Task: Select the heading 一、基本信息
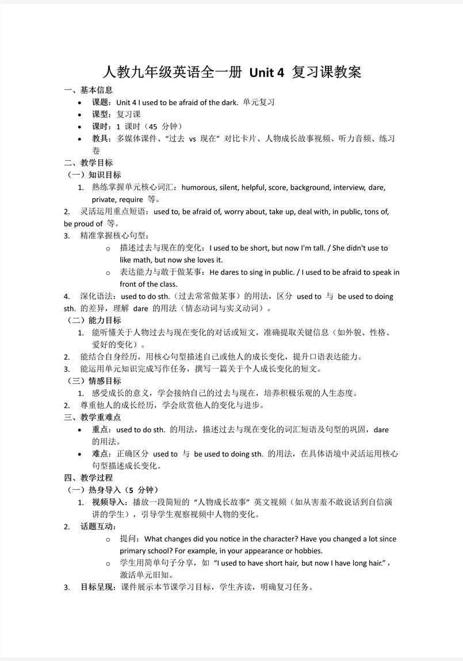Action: [89, 90]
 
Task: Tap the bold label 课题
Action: [100, 102]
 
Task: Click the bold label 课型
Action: [100, 114]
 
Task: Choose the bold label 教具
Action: [100, 139]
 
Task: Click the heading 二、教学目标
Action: [89, 163]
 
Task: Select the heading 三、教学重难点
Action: [93, 417]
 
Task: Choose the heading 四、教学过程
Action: [89, 478]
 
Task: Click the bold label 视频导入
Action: [108, 502]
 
